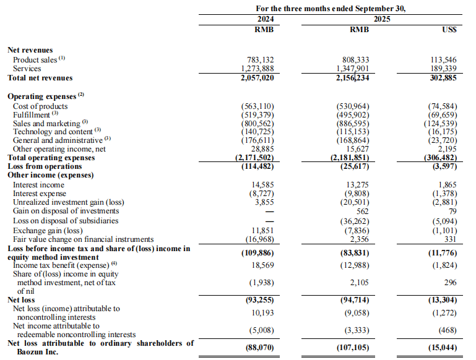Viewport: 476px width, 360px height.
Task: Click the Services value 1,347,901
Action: point(352,69)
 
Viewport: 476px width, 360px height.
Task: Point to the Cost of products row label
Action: point(40,106)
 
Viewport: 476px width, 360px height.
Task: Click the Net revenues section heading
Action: point(30,50)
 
